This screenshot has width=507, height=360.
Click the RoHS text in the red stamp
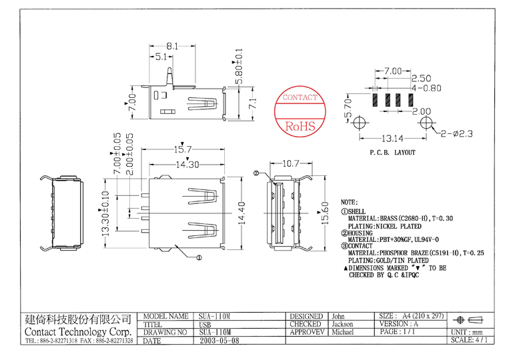pyautogui.click(x=300, y=126)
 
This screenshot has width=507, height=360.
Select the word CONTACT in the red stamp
pyautogui.click(x=300, y=98)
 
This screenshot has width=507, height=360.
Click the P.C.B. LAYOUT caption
pyautogui.click(x=392, y=153)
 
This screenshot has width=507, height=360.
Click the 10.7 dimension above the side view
pyautogui.click(x=290, y=163)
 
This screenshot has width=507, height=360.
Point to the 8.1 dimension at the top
pyautogui.click(x=171, y=46)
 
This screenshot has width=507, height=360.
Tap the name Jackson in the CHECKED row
pyautogui.click(x=342, y=324)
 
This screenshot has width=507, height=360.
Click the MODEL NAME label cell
pyautogui.click(x=166, y=316)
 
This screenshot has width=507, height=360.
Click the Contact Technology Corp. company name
pyautogui.click(x=77, y=332)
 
